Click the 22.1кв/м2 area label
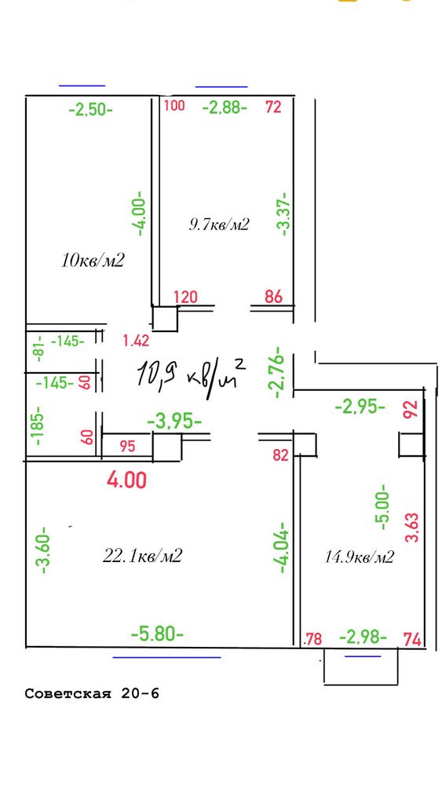click(142, 555)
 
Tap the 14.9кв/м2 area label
click(360, 557)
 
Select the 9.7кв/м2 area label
click(219, 224)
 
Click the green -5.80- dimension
click(157, 634)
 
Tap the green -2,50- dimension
click(90, 108)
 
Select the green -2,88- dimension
click(225, 107)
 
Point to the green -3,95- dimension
click(175, 422)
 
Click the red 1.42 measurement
click(136, 341)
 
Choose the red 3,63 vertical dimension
click(413, 528)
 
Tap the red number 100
click(175, 106)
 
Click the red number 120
click(185, 297)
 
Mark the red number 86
click(273, 297)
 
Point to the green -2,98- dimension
click(363, 637)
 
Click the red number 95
click(128, 446)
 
